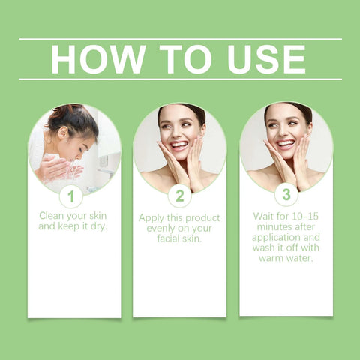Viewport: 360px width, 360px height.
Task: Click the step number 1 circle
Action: click(70, 197)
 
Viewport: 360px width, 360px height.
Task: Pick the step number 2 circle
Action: click(179, 196)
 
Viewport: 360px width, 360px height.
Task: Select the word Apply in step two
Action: click(152, 217)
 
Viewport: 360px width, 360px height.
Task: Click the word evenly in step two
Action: click(157, 228)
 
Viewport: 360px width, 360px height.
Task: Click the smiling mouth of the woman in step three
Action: click(286, 143)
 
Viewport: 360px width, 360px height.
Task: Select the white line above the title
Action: click(180, 39)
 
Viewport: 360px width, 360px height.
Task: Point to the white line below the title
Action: click(180, 79)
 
